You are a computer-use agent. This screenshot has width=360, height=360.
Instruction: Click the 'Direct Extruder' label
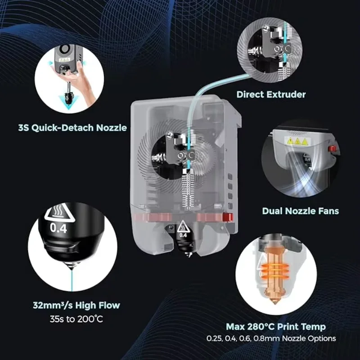point(271,94)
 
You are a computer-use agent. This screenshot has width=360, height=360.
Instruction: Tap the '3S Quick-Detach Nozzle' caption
point(72,128)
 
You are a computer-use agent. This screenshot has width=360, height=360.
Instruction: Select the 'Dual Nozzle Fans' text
point(301,211)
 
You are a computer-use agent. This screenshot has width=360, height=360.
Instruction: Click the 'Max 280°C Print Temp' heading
point(276,326)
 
